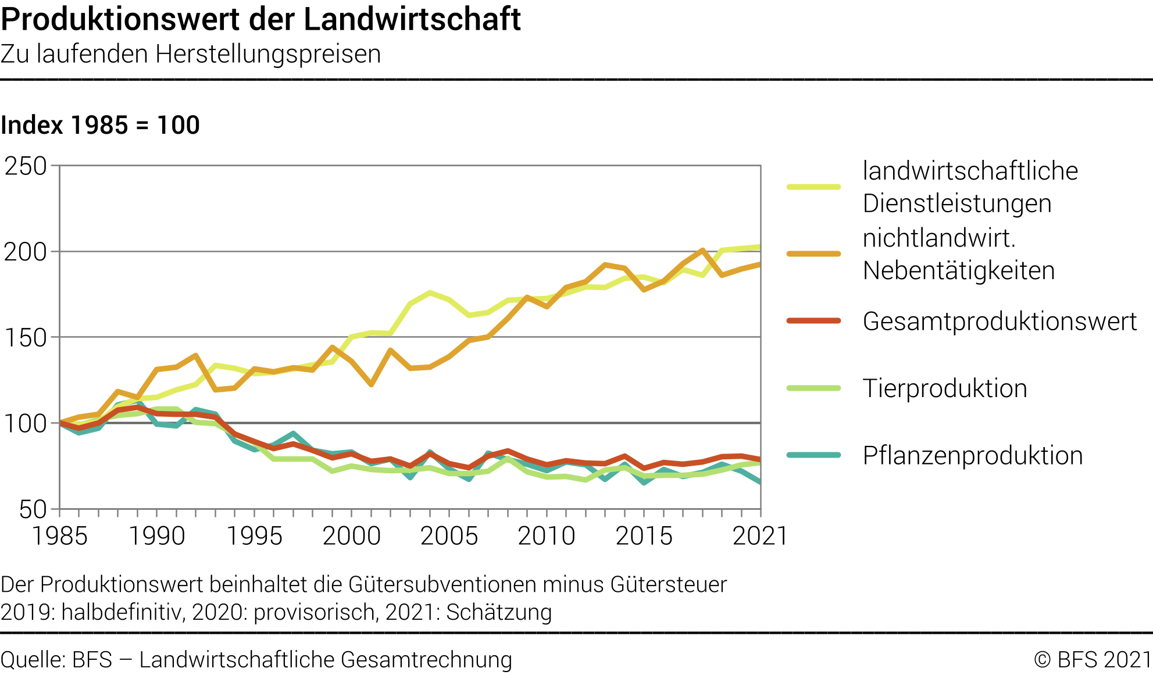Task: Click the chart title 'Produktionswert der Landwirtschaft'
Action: pos(260,19)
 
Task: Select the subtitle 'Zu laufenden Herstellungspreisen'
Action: pos(191,54)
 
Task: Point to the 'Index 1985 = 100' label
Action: pos(100,125)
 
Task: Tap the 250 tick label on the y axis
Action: pos(26,166)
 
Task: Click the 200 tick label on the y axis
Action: pos(26,252)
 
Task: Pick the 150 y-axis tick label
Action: pos(26,338)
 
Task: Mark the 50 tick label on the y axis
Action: pos(33,510)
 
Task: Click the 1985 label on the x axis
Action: pos(59,536)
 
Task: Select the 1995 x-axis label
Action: pos(254,536)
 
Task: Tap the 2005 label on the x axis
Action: pos(449,536)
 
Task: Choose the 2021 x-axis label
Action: pos(760,536)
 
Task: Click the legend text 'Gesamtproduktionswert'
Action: pos(999,322)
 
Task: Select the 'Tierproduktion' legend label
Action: pos(945,388)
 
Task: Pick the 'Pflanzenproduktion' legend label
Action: pos(973,456)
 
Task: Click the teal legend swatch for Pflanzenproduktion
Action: pos(813,455)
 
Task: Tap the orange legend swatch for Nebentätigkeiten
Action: pos(813,254)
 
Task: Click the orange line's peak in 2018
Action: pos(702,251)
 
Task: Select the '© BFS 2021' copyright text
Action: pos(1093,660)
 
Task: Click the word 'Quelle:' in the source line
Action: pos(33,660)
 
